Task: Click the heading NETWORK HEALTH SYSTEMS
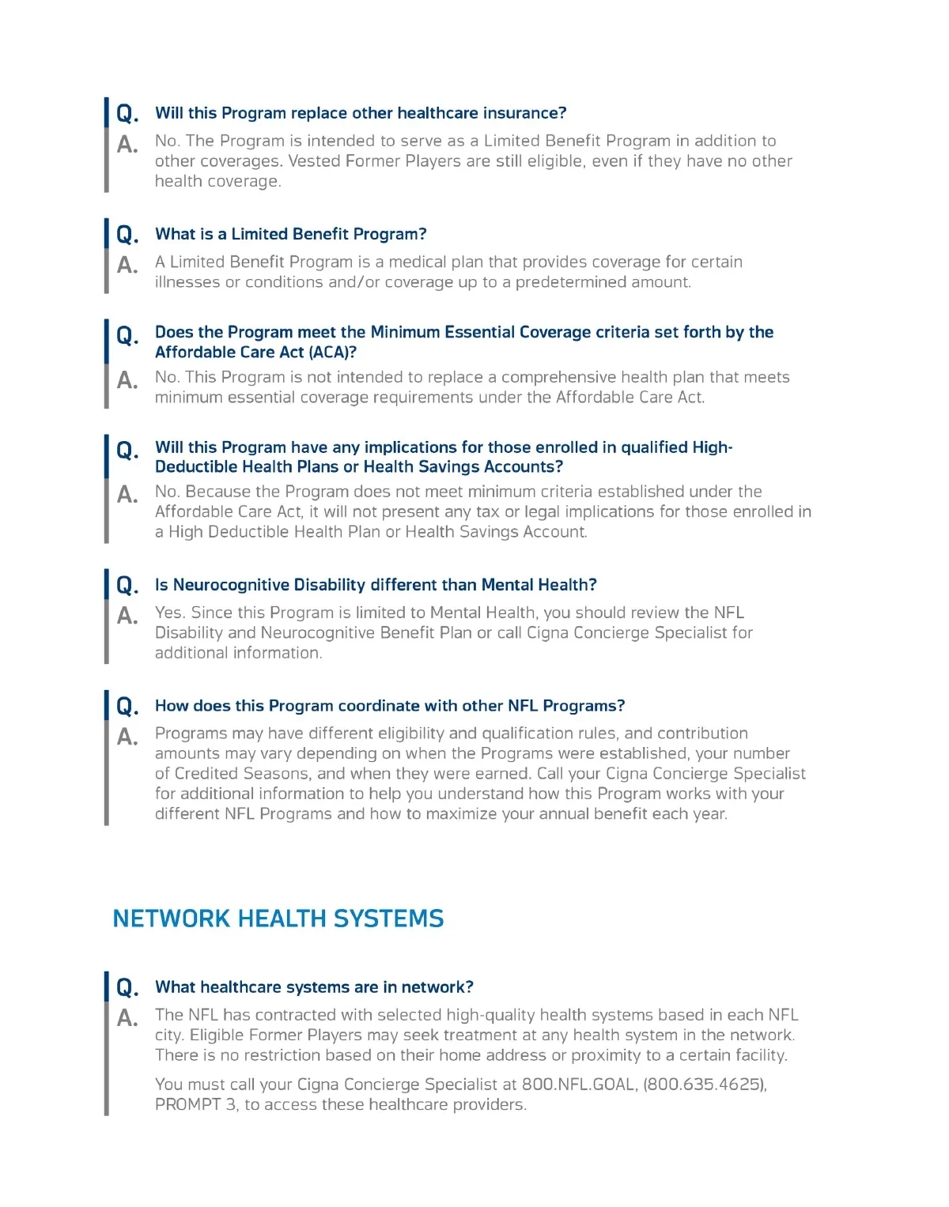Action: pyautogui.click(x=278, y=918)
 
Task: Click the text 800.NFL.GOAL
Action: pyautogui.click(x=579, y=1084)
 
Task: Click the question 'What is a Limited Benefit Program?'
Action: pyautogui.click(x=290, y=234)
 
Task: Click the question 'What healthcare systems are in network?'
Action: pyautogui.click(x=314, y=987)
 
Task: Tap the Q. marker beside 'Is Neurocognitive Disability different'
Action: pyautogui.click(x=127, y=586)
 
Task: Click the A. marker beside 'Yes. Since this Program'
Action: pyautogui.click(x=127, y=616)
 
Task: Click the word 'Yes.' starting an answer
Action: pyautogui.click(x=170, y=613)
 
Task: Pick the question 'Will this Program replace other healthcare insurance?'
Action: pyautogui.click(x=361, y=113)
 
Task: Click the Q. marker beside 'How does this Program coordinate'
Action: pyautogui.click(x=127, y=707)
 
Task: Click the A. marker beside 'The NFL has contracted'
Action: pyautogui.click(x=127, y=1018)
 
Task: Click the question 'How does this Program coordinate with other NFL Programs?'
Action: pyautogui.click(x=390, y=706)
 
